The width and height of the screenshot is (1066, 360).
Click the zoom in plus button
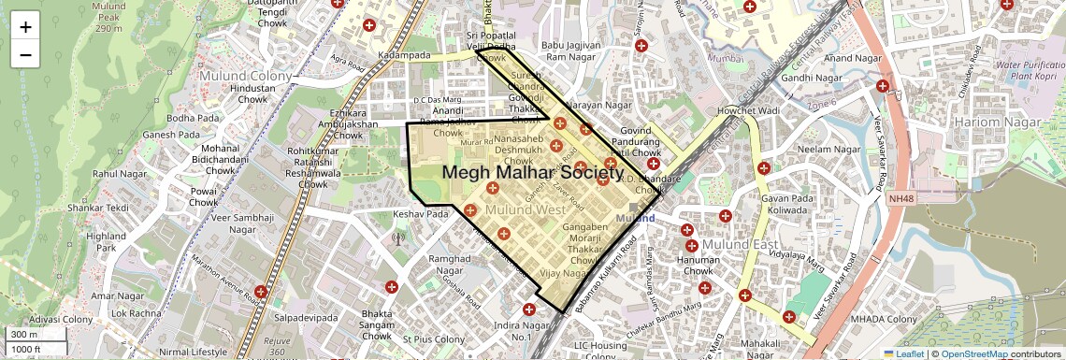(x=25, y=26)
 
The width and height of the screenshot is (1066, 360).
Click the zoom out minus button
(x=25, y=54)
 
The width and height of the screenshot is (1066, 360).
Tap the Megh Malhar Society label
(x=532, y=172)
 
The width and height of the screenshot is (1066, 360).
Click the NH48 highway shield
(x=900, y=198)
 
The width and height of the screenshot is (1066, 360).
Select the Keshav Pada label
(x=422, y=214)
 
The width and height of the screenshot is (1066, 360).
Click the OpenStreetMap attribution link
(x=973, y=353)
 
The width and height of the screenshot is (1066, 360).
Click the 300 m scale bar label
(x=23, y=334)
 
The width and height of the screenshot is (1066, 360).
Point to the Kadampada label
(x=404, y=56)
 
